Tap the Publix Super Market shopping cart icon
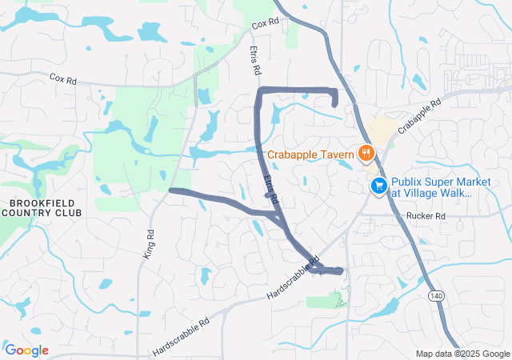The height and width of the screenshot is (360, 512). (x=378, y=186)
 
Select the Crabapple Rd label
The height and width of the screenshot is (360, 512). (x=420, y=117)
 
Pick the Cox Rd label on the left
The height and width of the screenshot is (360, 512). (x=62, y=79)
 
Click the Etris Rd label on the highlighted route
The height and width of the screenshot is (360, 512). (x=271, y=187)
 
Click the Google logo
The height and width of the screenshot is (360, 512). (x=27, y=350)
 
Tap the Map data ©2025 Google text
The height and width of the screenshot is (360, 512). (x=462, y=354)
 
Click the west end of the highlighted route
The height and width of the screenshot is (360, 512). (x=171, y=190)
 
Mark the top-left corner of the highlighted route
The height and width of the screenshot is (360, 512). (x=259, y=90)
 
